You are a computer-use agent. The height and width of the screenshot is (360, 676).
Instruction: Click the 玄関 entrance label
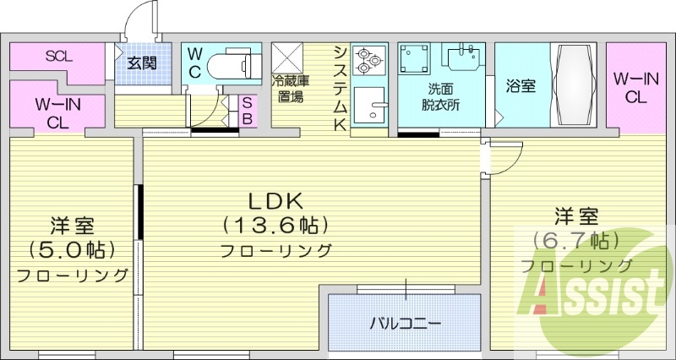[x=141, y=63]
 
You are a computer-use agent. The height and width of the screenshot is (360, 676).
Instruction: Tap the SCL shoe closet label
[x=58, y=57]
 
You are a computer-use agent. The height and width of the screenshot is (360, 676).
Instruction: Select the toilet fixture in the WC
[x=231, y=64]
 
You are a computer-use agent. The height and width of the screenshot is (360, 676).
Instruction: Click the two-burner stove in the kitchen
[x=369, y=60]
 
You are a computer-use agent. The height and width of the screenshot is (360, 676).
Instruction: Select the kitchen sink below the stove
[x=369, y=106]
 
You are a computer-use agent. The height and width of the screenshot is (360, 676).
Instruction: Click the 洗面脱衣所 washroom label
[x=441, y=97]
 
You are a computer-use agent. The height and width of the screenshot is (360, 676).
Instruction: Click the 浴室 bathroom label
[x=520, y=86]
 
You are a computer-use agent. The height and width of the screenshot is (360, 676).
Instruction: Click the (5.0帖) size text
[x=71, y=250]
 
